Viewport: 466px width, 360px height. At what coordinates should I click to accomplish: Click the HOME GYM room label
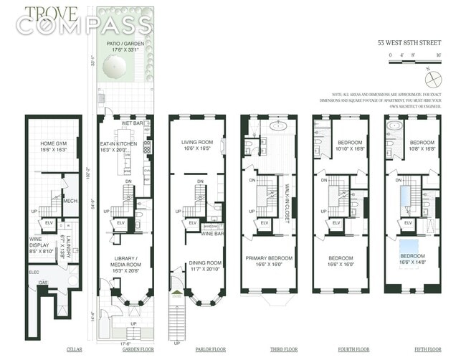point(54,147)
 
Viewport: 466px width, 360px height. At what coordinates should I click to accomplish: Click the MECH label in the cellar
point(70,201)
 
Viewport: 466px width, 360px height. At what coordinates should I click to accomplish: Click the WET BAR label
point(131,123)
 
